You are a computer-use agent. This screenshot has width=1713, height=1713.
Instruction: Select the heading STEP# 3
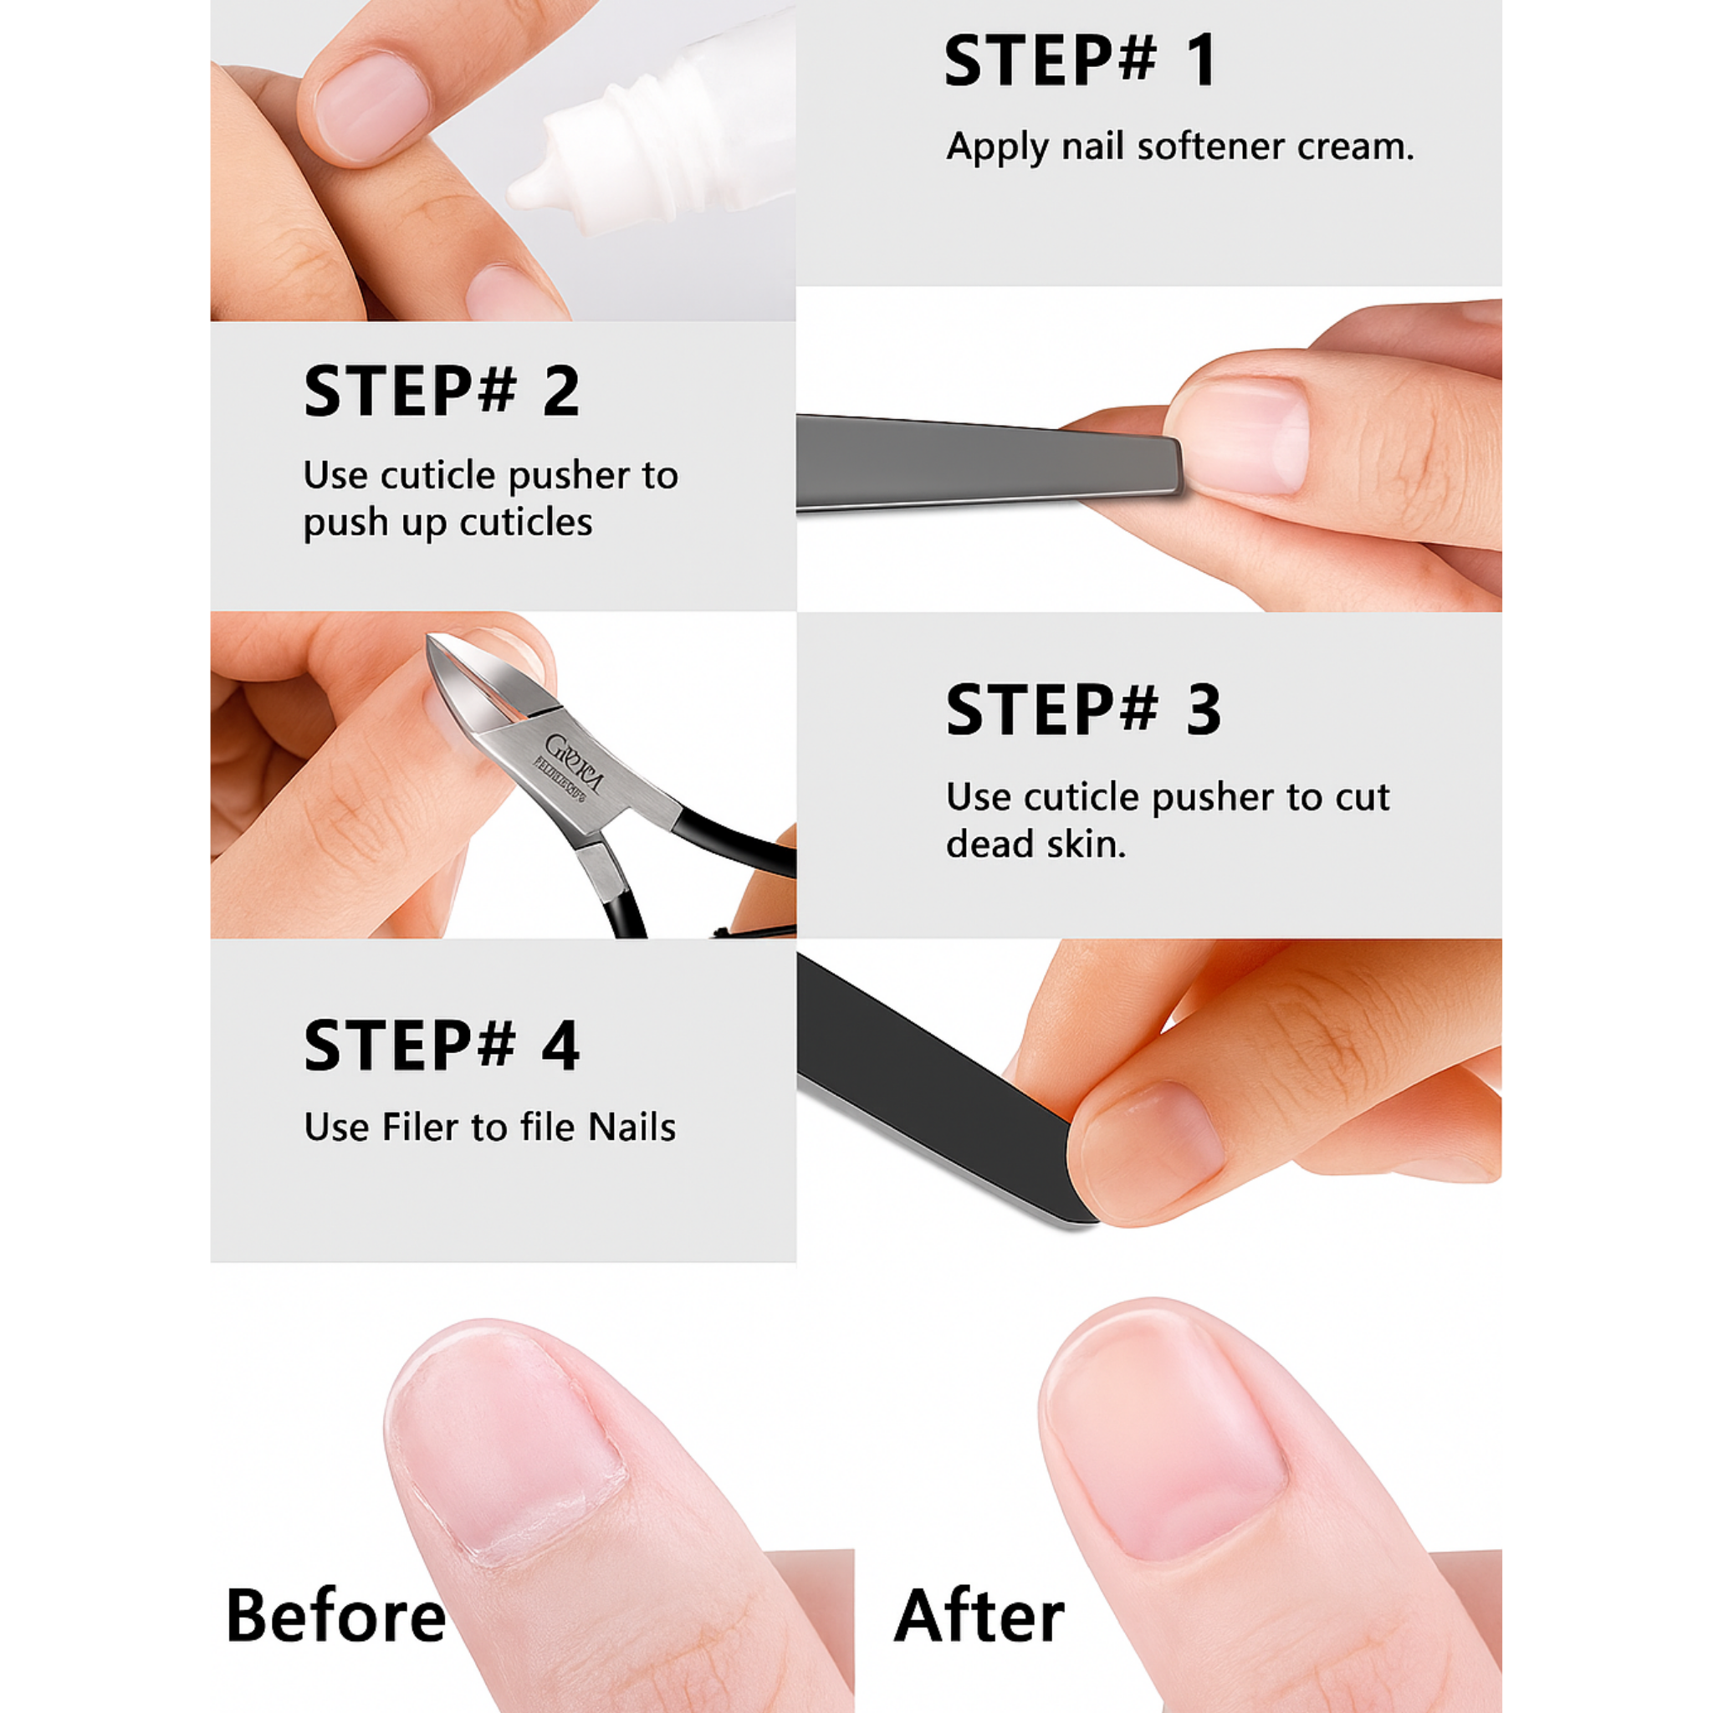point(1082,710)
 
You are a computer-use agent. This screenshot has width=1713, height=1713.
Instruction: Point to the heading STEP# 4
point(441,1046)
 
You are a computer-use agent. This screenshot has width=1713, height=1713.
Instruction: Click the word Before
point(335,1614)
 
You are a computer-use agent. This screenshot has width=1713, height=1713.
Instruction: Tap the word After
point(978,1614)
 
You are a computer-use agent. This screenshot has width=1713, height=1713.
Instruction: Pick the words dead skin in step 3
point(1035,844)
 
